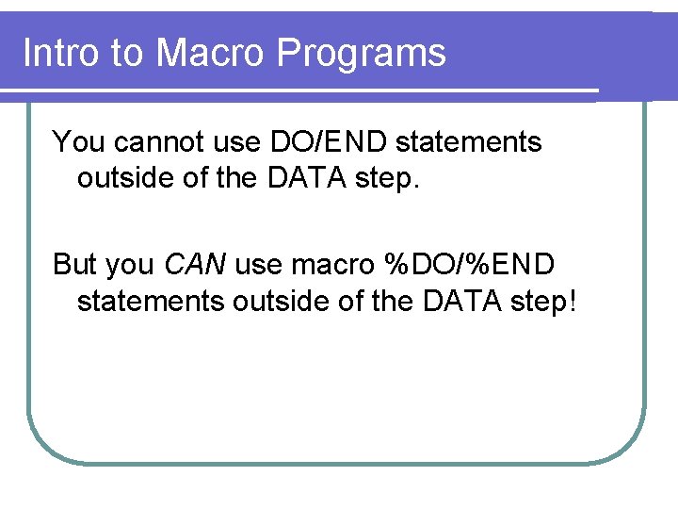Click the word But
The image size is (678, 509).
tap(75, 265)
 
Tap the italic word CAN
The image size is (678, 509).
tap(195, 265)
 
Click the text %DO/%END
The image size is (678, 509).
tap(470, 265)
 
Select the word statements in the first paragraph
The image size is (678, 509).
tap(469, 142)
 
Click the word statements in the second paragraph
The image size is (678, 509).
tap(150, 302)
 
